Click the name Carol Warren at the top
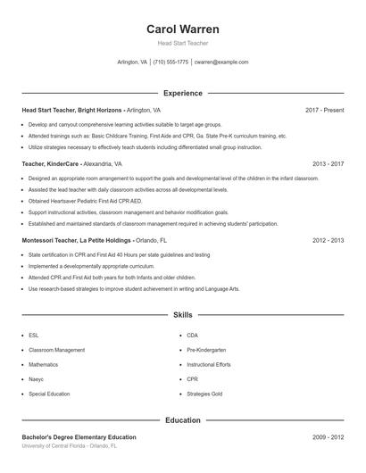[183, 29]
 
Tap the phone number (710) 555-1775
[171, 62]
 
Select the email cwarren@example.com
[221, 62]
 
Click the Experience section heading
[183, 93]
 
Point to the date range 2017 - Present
[324, 110]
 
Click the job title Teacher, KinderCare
[51, 164]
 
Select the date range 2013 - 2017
[329, 164]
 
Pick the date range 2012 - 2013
[329, 241]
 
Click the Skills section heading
[183, 315]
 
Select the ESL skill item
[33, 336]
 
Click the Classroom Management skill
[56, 350]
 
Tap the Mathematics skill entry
[43, 364]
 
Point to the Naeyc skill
[37, 378]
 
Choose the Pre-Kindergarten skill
[206, 350]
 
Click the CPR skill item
[192, 378]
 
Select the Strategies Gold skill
[204, 393]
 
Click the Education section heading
[183, 420]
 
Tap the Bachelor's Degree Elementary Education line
[79, 437]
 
